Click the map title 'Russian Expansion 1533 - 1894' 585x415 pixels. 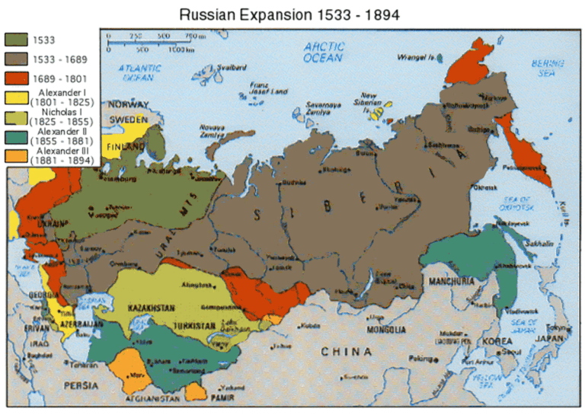click(x=289, y=14)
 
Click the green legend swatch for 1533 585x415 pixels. click(x=15, y=40)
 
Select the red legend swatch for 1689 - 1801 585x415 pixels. click(x=15, y=78)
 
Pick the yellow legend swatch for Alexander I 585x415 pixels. click(x=15, y=97)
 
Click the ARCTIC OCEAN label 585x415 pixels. click(x=324, y=52)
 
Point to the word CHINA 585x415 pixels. click(x=346, y=352)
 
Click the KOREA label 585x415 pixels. click(x=494, y=340)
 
